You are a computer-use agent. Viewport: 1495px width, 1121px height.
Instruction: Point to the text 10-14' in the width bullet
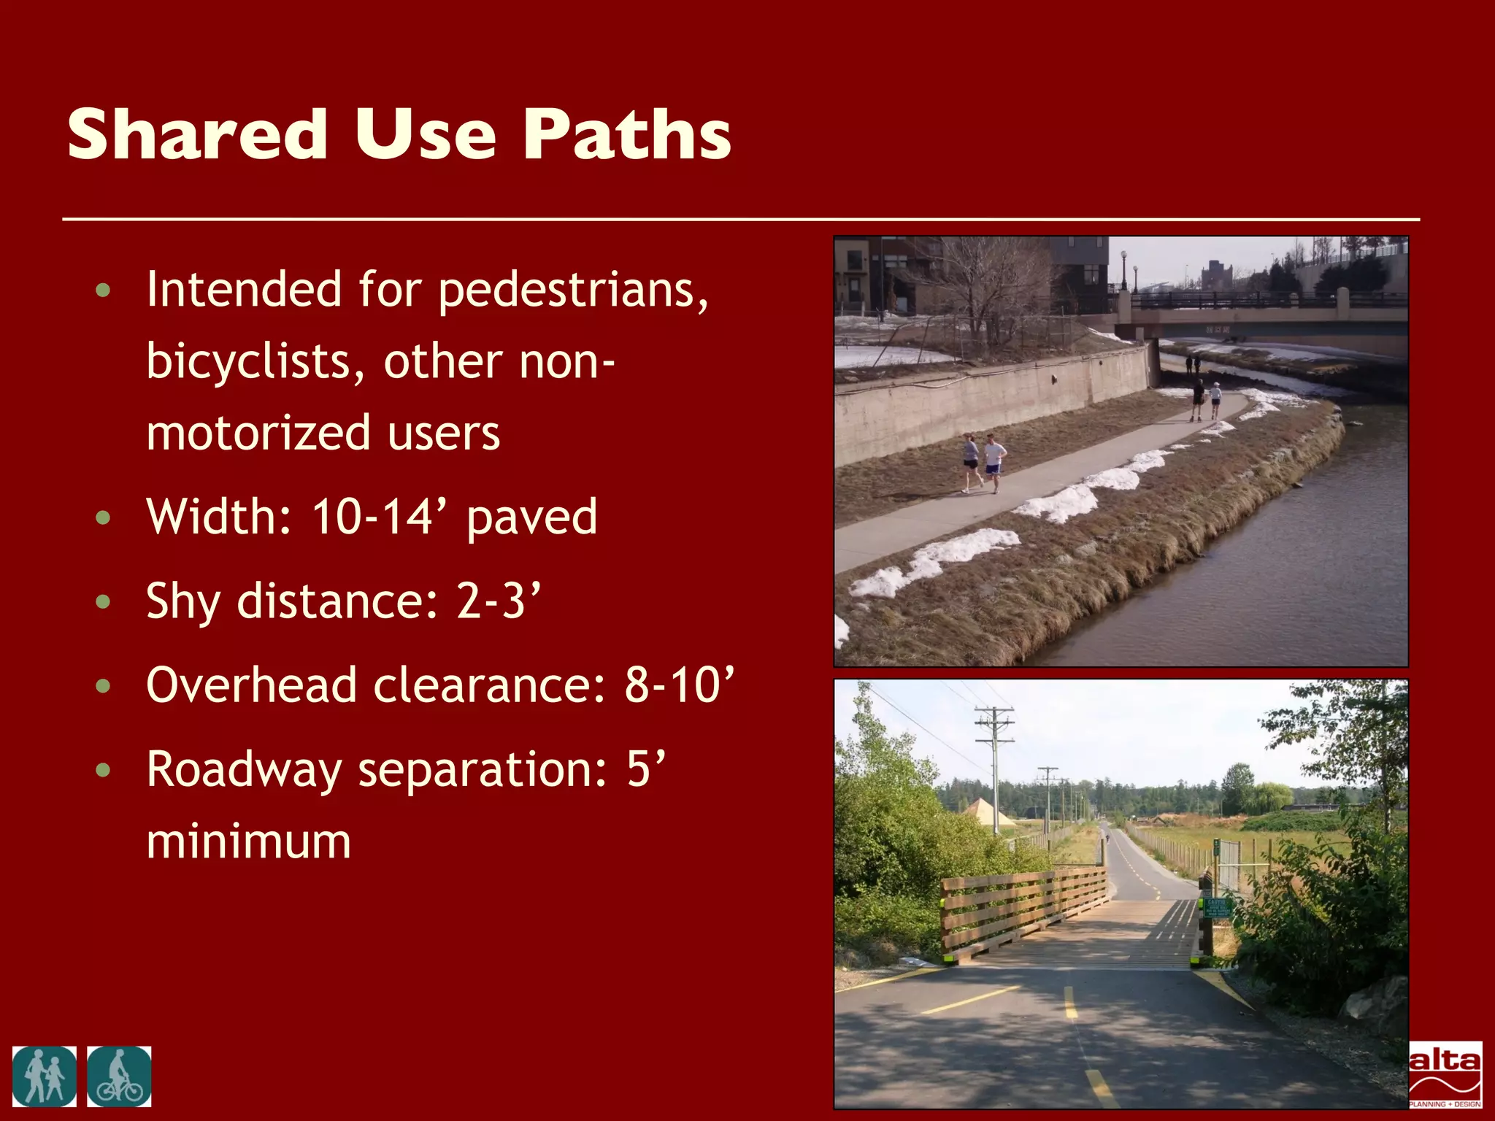[x=383, y=517]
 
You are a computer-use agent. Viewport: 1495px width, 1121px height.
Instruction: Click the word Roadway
[x=244, y=771]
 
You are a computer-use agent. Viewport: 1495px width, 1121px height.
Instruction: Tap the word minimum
[x=248, y=841]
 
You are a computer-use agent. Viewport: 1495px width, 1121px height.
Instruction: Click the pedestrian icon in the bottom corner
[x=44, y=1076]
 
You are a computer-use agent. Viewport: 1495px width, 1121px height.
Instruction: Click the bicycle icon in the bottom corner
[x=119, y=1076]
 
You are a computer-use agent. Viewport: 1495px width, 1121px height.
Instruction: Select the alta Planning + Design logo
[x=1445, y=1074]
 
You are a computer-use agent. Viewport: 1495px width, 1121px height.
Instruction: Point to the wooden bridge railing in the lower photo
[x=1022, y=912]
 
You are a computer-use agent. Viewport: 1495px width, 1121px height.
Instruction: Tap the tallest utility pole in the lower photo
[x=994, y=766]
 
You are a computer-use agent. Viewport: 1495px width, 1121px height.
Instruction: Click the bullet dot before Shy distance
[x=103, y=602]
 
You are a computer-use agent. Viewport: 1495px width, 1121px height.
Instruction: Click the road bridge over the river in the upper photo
[x=1263, y=314]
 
